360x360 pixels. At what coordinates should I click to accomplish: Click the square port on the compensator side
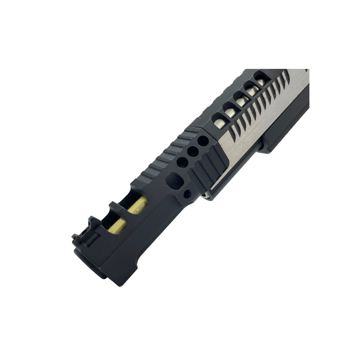[175, 181]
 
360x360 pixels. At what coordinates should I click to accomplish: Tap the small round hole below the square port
[187, 194]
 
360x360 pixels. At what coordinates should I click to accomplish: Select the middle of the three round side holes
[193, 152]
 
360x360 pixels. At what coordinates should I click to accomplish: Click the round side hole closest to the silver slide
[203, 141]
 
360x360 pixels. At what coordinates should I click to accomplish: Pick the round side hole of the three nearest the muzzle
[182, 162]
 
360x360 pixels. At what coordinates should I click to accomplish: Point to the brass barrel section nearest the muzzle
[117, 225]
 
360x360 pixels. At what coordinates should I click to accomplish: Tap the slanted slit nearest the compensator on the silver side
[234, 132]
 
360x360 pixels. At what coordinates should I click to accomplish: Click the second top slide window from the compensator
[230, 110]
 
